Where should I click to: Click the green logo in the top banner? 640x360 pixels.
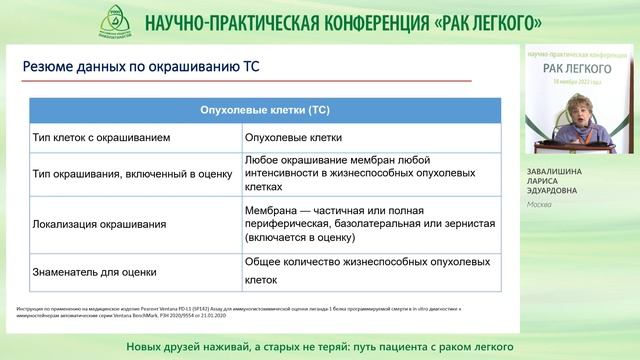[x=118, y=20]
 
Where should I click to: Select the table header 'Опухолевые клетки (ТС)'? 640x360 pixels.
[x=263, y=109]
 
